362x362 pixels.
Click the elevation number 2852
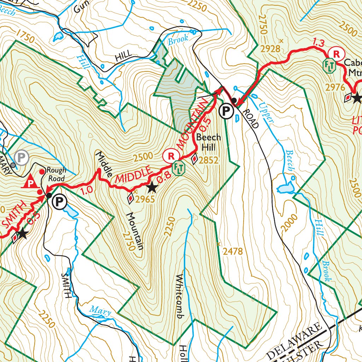click(x=209, y=160)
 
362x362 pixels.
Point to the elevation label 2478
click(x=233, y=251)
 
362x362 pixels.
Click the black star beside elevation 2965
click(x=152, y=188)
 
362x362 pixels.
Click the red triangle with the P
click(x=31, y=182)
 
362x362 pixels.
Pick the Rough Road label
click(x=57, y=174)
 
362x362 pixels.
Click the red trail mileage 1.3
click(x=318, y=43)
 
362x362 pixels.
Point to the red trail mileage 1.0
click(x=87, y=189)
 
